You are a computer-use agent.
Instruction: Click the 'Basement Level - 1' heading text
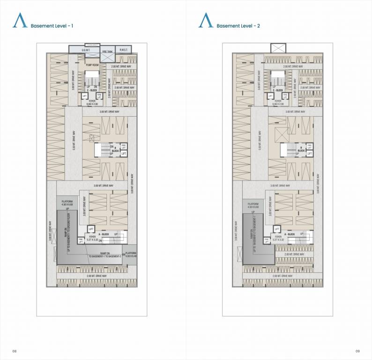point(52,26)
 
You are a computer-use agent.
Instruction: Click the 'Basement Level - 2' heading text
point(238,26)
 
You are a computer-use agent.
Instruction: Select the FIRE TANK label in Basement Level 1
point(107,52)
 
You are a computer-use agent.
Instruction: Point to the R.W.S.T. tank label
point(124,50)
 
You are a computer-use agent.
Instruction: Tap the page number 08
point(15,351)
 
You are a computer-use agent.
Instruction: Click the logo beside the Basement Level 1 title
point(20,22)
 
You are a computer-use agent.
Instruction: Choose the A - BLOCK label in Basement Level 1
point(104,233)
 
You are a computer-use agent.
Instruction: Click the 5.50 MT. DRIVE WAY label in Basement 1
point(74,141)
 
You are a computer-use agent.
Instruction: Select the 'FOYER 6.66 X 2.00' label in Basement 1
point(92,102)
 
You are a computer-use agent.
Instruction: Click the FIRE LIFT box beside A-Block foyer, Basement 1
point(81,240)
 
